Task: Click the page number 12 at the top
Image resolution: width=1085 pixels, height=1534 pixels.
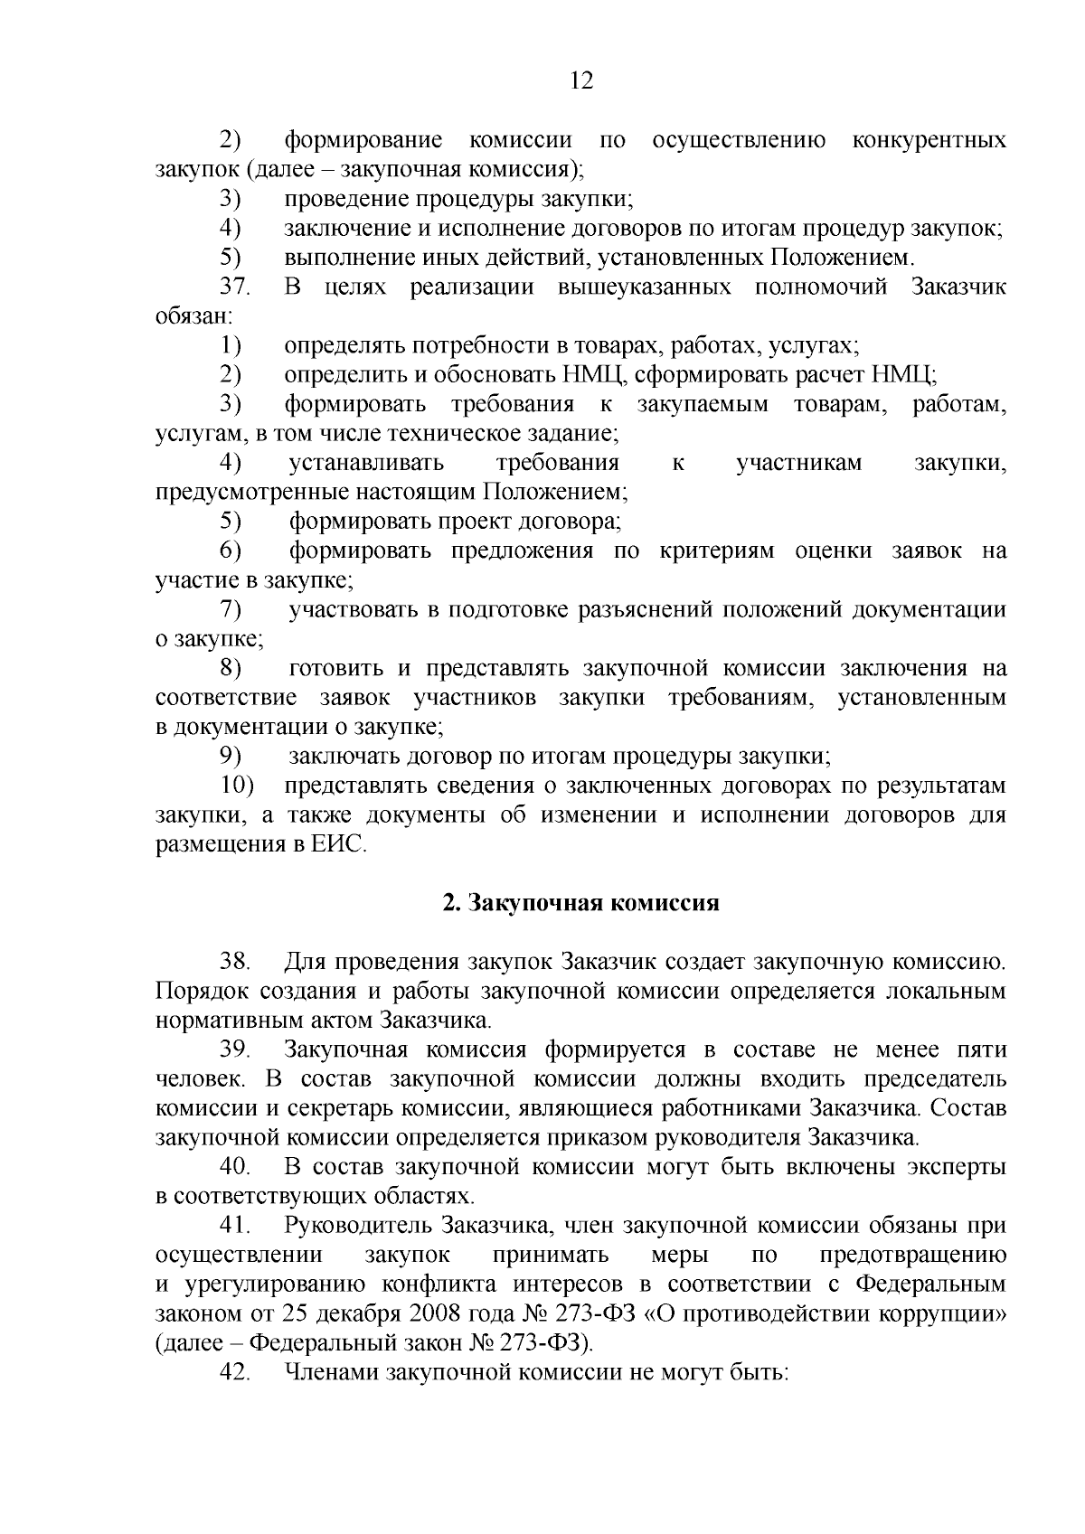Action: click(x=581, y=81)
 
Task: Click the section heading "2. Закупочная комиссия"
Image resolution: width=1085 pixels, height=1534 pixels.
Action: click(x=580, y=904)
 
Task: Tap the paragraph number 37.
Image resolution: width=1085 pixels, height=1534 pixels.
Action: click(x=234, y=287)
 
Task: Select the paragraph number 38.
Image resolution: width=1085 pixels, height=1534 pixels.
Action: click(x=234, y=962)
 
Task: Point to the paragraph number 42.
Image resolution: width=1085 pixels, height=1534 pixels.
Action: click(x=234, y=1372)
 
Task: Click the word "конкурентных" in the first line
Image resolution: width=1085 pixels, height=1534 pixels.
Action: click(x=929, y=140)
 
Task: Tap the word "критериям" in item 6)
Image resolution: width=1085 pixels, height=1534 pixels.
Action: click(x=717, y=551)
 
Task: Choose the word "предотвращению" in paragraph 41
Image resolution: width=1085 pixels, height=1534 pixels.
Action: click(x=912, y=1256)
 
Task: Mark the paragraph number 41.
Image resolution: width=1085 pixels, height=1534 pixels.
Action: click(x=234, y=1226)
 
